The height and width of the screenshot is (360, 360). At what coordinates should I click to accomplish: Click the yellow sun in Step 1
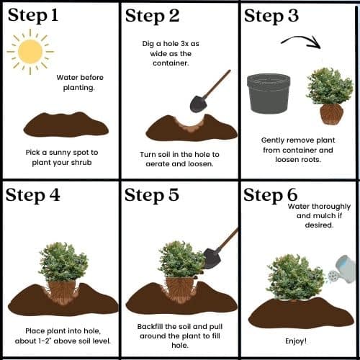[30, 52]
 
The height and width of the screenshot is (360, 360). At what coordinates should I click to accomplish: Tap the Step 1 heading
[33, 16]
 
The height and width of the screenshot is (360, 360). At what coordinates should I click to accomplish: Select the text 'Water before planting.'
[80, 83]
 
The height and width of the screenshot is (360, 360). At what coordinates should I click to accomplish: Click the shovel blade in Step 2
[199, 104]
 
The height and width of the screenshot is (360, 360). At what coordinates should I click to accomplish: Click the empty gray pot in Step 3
[269, 94]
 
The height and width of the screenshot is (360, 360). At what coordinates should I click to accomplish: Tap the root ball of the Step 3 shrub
[331, 114]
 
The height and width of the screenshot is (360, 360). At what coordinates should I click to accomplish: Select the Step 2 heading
[152, 16]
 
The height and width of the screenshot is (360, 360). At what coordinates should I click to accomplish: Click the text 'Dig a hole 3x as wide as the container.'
[171, 53]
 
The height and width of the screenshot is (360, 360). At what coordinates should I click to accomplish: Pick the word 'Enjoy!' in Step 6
[296, 341]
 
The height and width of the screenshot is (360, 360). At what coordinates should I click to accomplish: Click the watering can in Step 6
[343, 270]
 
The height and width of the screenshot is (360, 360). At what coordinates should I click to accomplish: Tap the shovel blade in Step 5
[212, 258]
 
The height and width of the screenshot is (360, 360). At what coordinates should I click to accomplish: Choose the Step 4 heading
[33, 195]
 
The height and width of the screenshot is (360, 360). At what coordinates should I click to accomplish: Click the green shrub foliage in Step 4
[63, 262]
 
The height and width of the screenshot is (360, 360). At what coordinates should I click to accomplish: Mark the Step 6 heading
[271, 195]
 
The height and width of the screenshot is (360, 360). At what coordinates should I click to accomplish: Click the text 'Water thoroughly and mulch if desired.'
[319, 216]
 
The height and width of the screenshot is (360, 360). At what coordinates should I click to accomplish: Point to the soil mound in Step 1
[66, 125]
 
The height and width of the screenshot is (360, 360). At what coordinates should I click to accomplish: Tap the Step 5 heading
[152, 195]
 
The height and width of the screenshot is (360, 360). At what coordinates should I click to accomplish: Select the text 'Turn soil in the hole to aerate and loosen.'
[179, 159]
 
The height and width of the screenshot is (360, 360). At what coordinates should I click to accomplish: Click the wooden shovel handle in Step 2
[217, 84]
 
